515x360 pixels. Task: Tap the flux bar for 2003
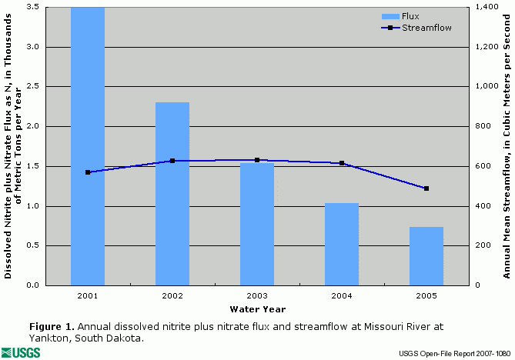[257, 224]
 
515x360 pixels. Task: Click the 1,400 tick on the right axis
[484, 7]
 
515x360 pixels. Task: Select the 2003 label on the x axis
[257, 295]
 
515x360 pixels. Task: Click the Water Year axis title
[257, 309]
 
